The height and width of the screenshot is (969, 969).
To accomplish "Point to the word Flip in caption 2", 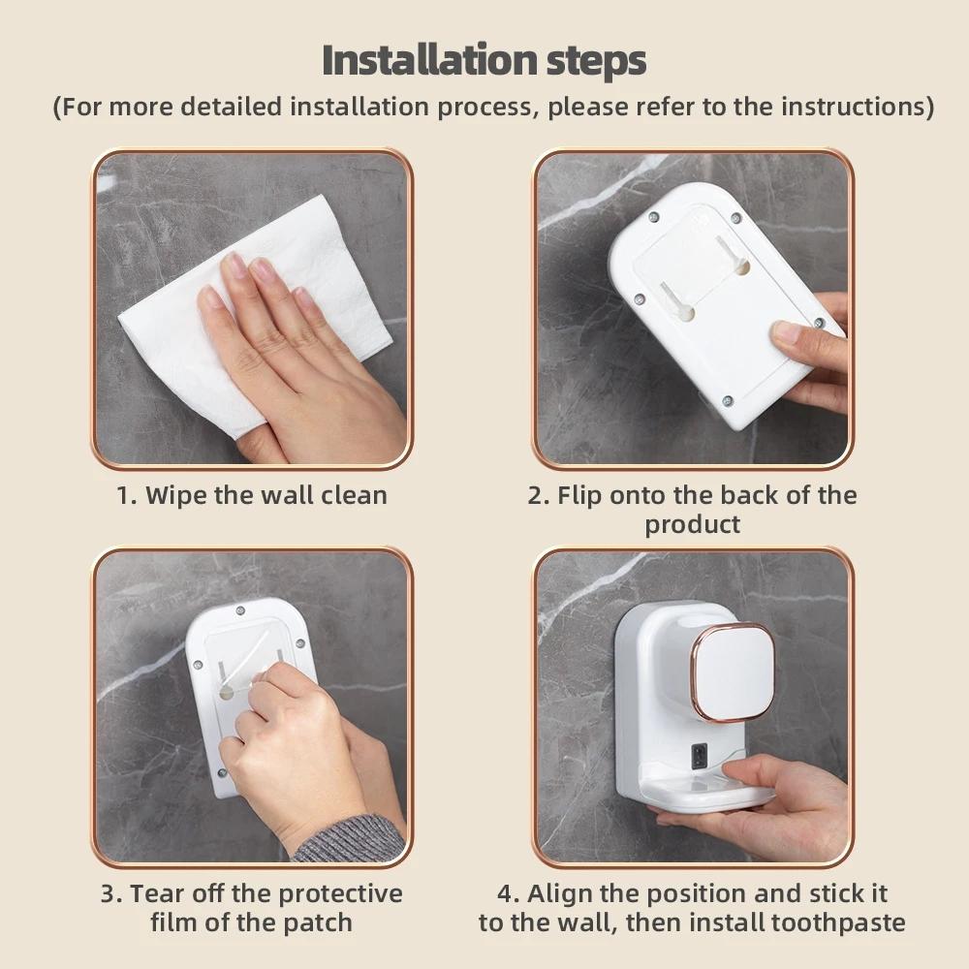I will (x=578, y=495).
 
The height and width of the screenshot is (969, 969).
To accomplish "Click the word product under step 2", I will (x=692, y=524).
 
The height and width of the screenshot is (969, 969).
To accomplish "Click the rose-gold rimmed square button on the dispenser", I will (x=734, y=672).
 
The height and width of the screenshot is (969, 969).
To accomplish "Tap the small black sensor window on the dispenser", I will (x=697, y=756).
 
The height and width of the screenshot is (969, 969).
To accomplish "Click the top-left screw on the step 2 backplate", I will (x=653, y=217).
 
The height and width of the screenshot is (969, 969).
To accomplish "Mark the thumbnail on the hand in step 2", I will (x=787, y=332).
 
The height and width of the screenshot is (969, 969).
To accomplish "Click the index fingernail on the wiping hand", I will (x=235, y=265).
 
